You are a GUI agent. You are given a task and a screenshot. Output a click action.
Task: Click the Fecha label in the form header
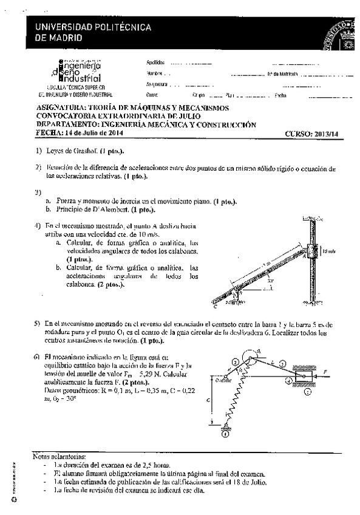coord(280,95)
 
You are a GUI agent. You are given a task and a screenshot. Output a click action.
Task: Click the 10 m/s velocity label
coord(328,250)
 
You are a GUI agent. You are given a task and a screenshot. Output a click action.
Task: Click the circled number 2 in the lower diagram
coord(234,363)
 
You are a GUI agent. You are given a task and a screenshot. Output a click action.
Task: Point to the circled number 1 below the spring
coord(226,434)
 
